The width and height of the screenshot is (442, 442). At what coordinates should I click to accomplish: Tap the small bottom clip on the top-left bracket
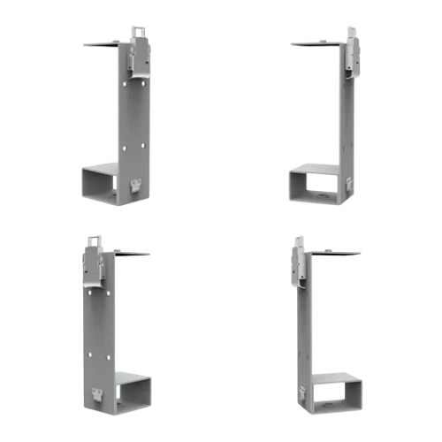pyautogui.click(x=135, y=184)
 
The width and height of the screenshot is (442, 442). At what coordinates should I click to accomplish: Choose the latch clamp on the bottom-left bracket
pyautogui.click(x=93, y=263)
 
